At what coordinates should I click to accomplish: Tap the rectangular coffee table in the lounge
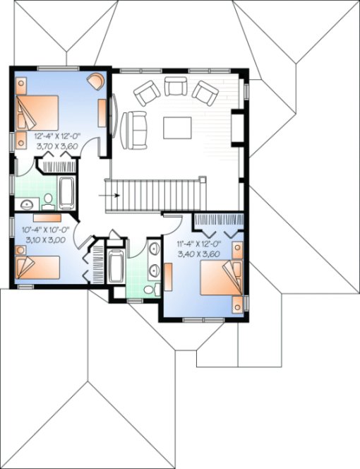[x=177, y=127]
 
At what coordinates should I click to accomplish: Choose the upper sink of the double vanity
[x=153, y=249]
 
